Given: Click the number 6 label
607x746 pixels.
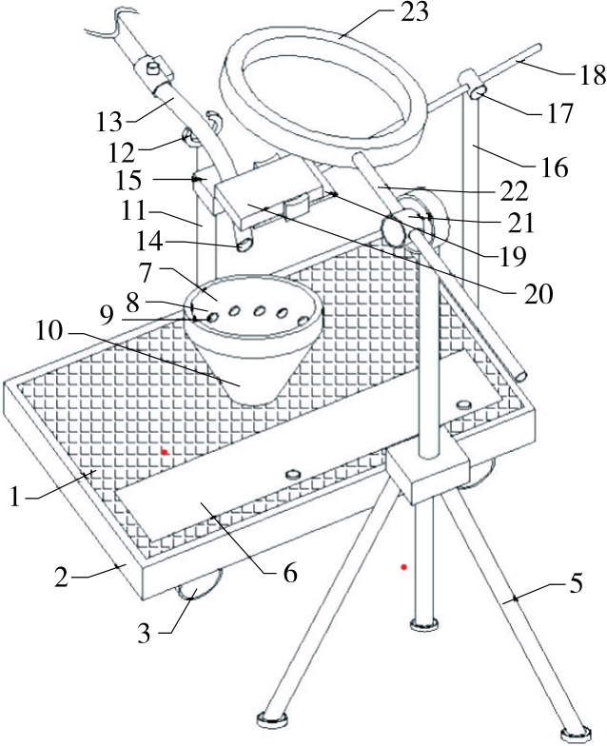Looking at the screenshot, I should tap(289, 573).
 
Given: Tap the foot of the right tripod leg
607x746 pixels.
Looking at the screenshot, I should tap(578, 735).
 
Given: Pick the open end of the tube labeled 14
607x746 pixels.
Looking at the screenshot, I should tap(245, 245).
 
